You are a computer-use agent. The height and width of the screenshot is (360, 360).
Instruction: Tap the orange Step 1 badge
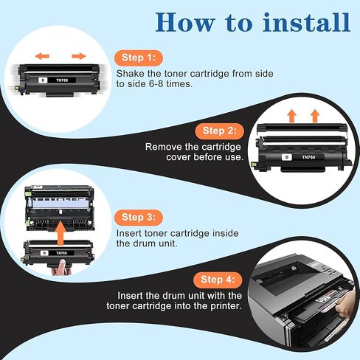pyautogui.click(x=139, y=58)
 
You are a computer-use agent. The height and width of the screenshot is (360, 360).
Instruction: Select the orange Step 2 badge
pyautogui.click(x=220, y=131)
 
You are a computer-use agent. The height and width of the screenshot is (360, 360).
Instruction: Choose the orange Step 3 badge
pyautogui.click(x=139, y=217)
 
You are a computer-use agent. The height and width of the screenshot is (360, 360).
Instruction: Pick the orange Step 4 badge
pyautogui.click(x=220, y=280)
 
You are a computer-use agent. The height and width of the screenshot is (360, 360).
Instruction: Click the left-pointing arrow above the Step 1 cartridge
pyautogui.click(x=43, y=55)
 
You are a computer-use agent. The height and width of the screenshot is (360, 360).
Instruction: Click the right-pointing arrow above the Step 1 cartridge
pyautogui.click(x=79, y=55)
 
